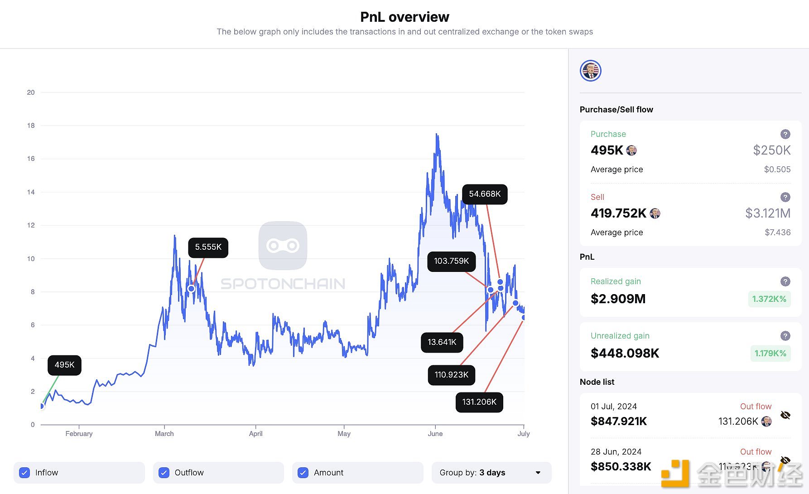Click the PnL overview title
[404, 17]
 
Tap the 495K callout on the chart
[64, 365]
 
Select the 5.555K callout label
[208, 247]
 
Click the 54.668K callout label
[485, 194]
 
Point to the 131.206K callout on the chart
[479, 402]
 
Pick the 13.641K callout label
[442, 342]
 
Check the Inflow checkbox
[25, 473]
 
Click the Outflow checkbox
[164, 473]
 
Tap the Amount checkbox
[303, 473]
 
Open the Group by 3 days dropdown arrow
[538, 473]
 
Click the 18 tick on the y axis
[31, 126]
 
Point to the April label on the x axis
[255, 434]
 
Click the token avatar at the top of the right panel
[591, 71]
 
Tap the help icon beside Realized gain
[785, 281]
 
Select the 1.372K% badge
[769, 299]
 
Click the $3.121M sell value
[768, 213]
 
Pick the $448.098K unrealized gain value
[625, 353]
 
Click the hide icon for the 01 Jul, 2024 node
[785, 415]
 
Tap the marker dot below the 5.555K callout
[192, 289]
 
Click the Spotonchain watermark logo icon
[283, 246]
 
